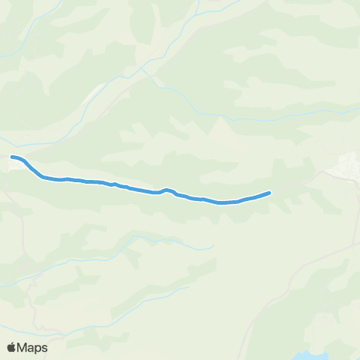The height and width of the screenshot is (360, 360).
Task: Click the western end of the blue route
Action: (12, 157)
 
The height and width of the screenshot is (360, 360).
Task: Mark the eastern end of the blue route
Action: (268, 193)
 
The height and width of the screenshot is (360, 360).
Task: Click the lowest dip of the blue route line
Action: (222, 202)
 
